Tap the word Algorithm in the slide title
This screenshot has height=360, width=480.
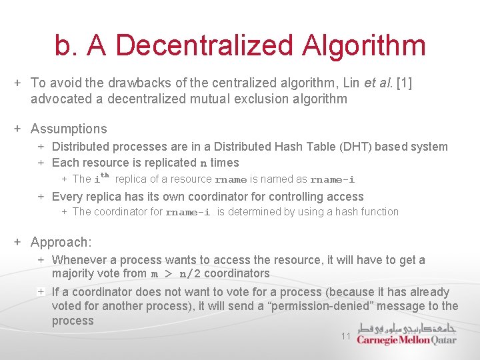(x=363, y=45)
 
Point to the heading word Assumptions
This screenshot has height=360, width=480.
(x=69, y=129)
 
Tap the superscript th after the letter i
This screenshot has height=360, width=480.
(x=105, y=175)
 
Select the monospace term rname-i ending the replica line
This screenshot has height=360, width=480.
(x=333, y=179)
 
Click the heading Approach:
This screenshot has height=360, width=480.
(x=61, y=242)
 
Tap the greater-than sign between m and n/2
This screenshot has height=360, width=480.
(x=169, y=274)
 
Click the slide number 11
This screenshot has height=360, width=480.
(x=345, y=337)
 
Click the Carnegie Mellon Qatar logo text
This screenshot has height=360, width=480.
(x=406, y=340)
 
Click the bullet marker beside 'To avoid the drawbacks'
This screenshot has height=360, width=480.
(x=19, y=83)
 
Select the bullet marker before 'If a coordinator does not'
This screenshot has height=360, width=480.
(x=41, y=292)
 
